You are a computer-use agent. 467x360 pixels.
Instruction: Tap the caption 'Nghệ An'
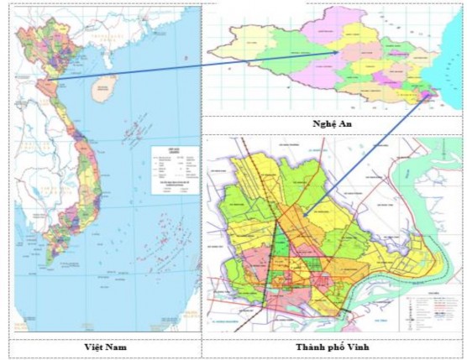(x=332, y=123)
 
